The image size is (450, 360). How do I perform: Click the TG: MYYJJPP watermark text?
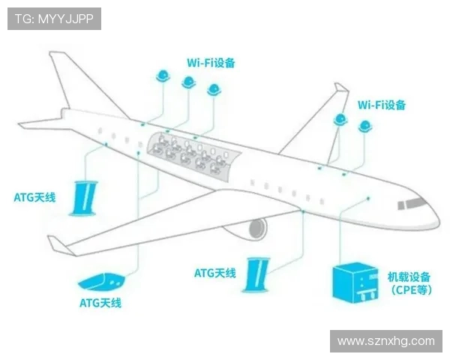[54, 19]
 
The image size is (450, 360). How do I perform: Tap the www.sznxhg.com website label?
[385, 340]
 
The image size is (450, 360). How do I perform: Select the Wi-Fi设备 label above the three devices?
[211, 63]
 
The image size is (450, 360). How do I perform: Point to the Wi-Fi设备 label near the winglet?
[382, 105]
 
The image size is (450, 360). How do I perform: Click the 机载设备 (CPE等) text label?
[409, 284]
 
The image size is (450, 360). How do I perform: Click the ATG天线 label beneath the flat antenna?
[100, 303]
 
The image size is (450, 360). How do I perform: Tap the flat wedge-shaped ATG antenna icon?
[100, 282]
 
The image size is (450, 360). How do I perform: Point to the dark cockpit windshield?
[412, 203]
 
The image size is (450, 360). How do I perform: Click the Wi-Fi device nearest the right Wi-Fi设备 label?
[366, 125]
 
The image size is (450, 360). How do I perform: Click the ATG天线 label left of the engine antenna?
[215, 273]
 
